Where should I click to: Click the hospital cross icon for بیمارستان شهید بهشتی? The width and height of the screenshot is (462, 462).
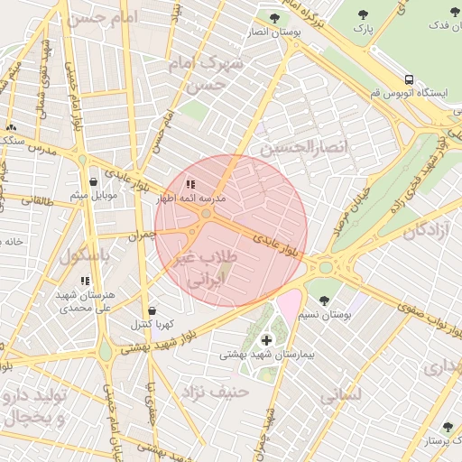click(265, 339)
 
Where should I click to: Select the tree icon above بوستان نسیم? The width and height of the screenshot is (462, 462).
click(324, 300)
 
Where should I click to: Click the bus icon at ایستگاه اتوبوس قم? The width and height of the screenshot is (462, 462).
click(410, 79)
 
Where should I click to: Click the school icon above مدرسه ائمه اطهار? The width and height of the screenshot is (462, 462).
click(190, 184)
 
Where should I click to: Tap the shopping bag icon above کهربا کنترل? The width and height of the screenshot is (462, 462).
click(152, 310)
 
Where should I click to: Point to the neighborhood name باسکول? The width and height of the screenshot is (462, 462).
click(85, 256)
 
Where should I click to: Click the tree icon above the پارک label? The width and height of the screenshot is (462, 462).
click(363, 14)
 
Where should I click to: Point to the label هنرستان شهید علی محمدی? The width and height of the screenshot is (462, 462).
click(84, 301)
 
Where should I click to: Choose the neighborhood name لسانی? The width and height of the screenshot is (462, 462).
click(341, 394)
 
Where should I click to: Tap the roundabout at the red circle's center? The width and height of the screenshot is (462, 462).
click(207, 214)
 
